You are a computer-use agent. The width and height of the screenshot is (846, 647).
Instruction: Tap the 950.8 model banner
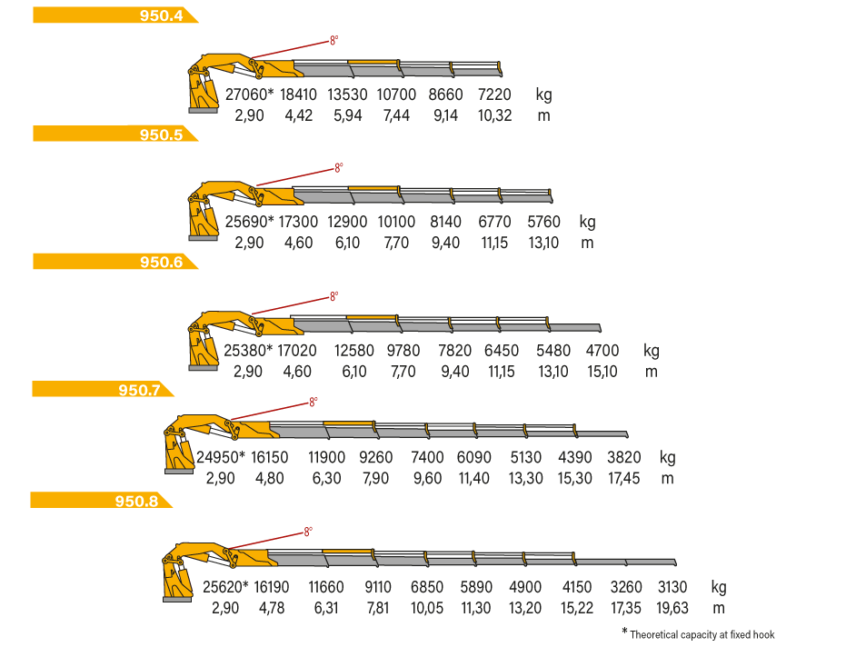pyautogui.click(x=101, y=500)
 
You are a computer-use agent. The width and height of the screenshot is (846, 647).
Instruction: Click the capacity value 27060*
pyautogui.click(x=249, y=95)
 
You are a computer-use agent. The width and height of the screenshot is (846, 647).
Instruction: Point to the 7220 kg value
pyautogui.click(x=494, y=95)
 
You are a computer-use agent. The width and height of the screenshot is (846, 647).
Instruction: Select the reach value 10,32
pyautogui.click(x=494, y=115)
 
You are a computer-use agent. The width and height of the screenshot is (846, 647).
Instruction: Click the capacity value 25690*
pyautogui.click(x=249, y=222)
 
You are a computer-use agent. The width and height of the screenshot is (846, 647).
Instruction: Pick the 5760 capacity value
pyautogui.click(x=543, y=222)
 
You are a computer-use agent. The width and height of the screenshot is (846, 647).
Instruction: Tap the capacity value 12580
pyautogui.click(x=354, y=351)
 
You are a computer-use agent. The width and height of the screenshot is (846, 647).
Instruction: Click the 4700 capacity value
pyautogui.click(x=602, y=351)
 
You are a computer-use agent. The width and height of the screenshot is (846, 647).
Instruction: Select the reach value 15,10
pyautogui.click(x=602, y=372)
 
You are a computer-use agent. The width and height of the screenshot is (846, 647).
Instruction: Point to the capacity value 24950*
pyautogui.click(x=221, y=458)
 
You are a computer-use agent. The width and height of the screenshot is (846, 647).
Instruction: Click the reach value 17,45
pyautogui.click(x=623, y=479)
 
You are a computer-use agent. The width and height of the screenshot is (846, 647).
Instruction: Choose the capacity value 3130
pyautogui.click(x=672, y=587)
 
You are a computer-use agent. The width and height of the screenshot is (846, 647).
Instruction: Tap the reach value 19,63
pyautogui.click(x=672, y=608)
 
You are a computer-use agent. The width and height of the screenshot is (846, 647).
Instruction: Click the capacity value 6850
pyautogui.click(x=427, y=587)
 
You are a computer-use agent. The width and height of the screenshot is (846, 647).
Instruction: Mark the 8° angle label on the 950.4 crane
pyautogui.click(x=334, y=41)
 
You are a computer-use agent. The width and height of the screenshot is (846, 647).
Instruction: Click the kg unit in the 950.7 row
pyautogui.click(x=667, y=458)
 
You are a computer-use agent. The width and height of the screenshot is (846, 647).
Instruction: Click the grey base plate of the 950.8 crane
pyautogui.click(x=177, y=599)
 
